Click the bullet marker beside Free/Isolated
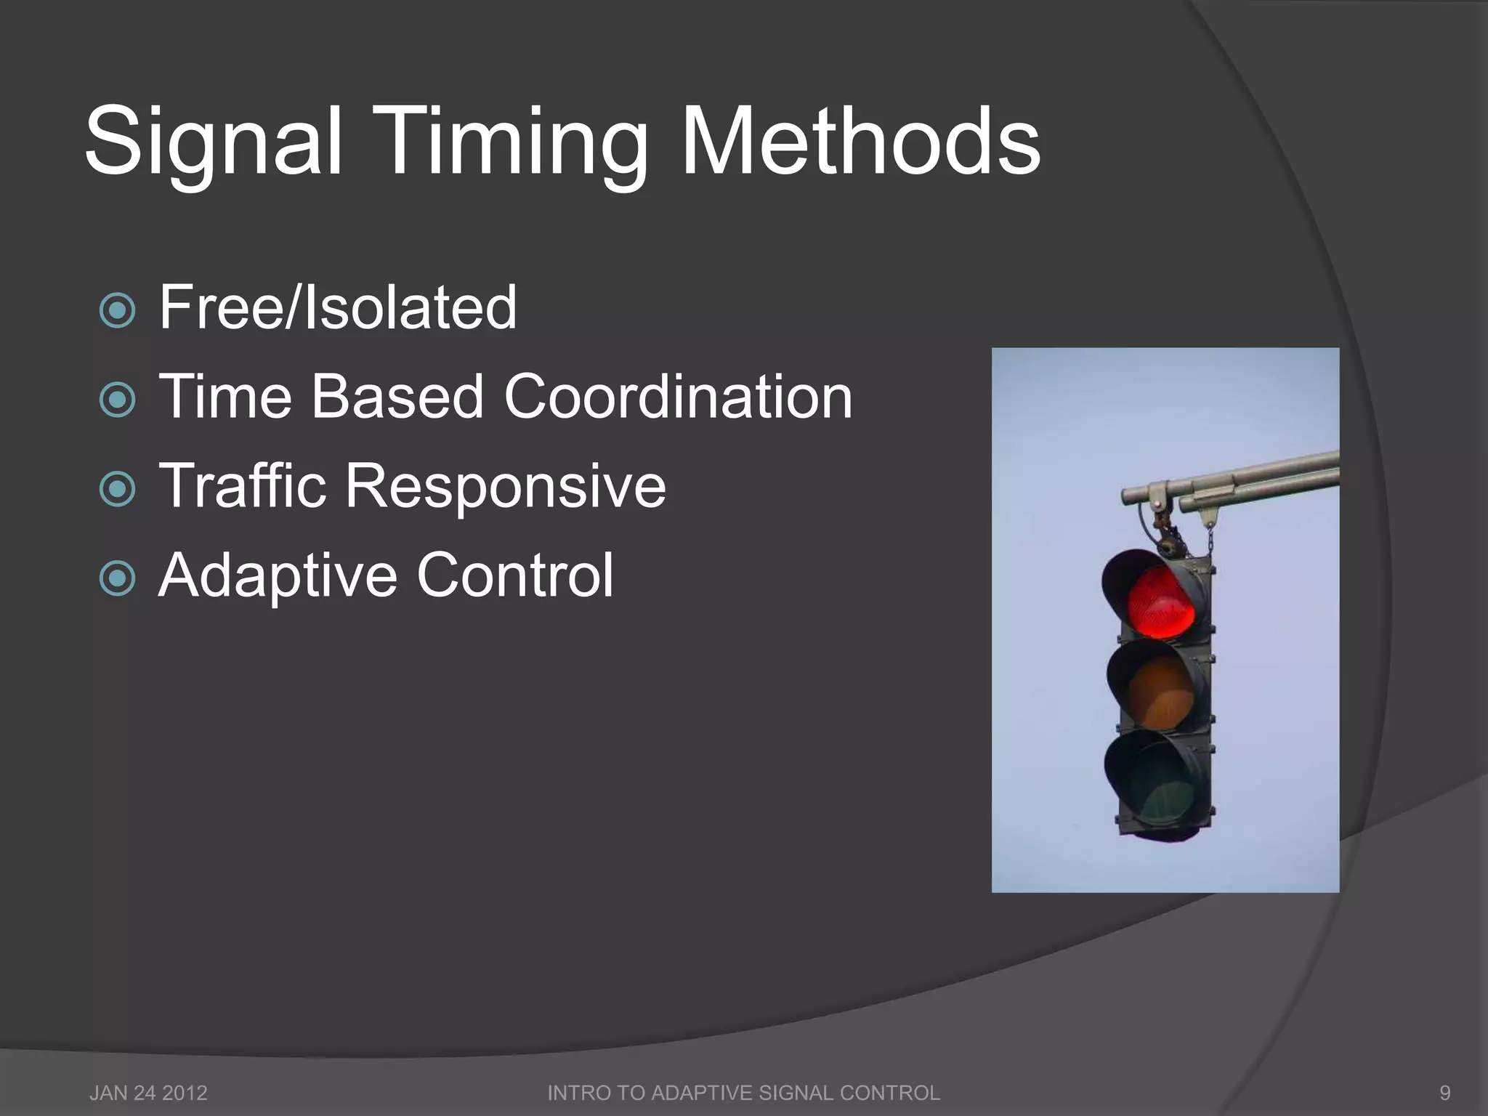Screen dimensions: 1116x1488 click(x=117, y=310)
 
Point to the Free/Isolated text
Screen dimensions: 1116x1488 click(x=338, y=307)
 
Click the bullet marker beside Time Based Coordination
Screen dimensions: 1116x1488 click(x=117, y=400)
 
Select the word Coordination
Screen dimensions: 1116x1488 click(x=678, y=397)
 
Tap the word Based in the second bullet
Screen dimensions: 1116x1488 click(x=397, y=397)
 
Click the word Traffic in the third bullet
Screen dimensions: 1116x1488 click(x=242, y=485)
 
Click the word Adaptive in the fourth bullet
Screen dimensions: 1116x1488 click(x=278, y=576)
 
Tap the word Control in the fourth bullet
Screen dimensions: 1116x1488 click(x=515, y=575)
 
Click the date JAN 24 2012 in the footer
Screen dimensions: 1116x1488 click(x=148, y=1093)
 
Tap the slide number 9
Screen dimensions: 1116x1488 click(x=1445, y=1093)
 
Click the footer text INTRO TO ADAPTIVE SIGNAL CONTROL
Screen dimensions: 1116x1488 click(x=743, y=1093)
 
